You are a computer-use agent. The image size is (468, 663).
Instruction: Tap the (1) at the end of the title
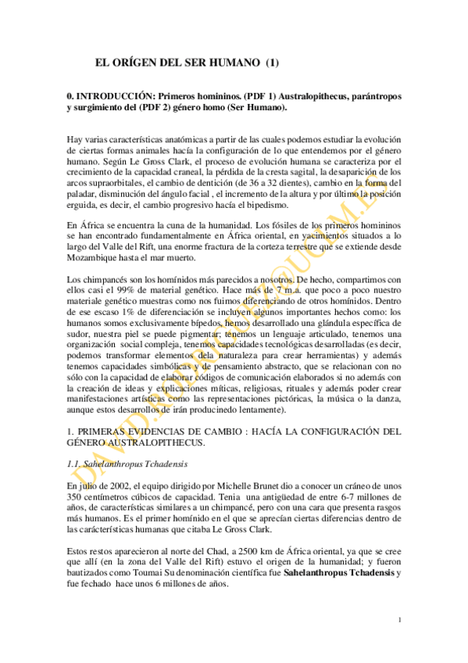[x=273, y=61]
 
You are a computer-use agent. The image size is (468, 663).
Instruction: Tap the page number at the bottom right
[x=399, y=621]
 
